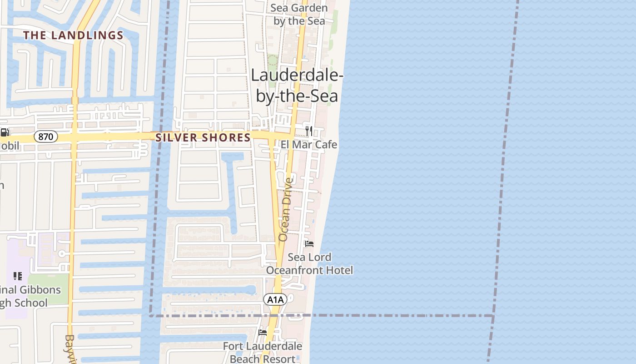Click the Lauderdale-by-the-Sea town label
click(x=296, y=86)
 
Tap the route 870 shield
click(x=46, y=136)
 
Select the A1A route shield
click(x=275, y=299)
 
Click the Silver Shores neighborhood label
click(x=203, y=137)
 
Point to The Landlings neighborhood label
click(x=74, y=35)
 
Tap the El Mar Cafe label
click(x=309, y=145)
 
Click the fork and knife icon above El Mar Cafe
click(x=309, y=131)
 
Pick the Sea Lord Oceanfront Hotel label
click(x=309, y=263)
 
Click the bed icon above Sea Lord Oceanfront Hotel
click(x=309, y=243)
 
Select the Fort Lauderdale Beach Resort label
click(x=263, y=353)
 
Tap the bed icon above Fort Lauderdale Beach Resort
click(x=263, y=332)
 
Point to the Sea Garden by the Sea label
click(x=299, y=15)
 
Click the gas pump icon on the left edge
click(x=5, y=132)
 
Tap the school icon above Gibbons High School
click(x=18, y=276)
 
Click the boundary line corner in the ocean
click(x=493, y=315)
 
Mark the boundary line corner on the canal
click(x=151, y=315)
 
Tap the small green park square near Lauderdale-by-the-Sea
click(x=273, y=61)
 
